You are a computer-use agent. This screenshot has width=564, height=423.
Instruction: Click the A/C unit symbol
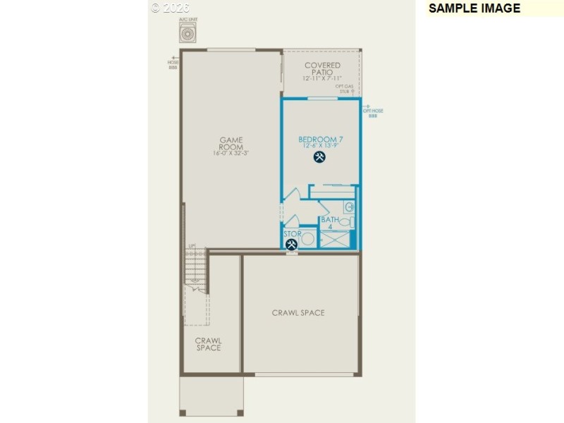[188, 32]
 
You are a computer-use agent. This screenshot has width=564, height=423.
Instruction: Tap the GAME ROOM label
[231, 143]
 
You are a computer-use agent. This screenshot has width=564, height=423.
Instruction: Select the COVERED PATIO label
[322, 69]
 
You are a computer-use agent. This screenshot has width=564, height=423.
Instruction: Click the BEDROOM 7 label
[320, 140]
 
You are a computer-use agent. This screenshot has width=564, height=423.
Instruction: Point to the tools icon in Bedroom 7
[320, 158]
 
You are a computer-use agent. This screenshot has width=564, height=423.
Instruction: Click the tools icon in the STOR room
[291, 245]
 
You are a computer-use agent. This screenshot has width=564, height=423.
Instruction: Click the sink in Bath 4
[348, 207]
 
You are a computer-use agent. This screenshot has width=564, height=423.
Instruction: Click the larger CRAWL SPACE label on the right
[298, 312]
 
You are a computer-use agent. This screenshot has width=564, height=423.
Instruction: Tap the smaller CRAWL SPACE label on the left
[209, 343]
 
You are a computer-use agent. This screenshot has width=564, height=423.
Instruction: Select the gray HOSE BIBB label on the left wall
[173, 65]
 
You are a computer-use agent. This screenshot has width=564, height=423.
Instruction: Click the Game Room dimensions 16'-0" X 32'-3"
[231, 154]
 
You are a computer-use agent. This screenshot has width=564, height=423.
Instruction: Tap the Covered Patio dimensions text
[322, 78]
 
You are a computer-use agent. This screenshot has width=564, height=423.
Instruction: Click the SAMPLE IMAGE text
[474, 8]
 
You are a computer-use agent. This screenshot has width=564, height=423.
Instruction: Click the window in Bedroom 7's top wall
[321, 99]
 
